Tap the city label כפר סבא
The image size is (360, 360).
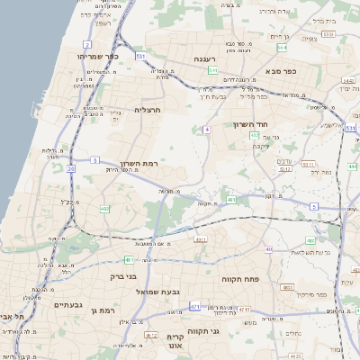pos(306,69)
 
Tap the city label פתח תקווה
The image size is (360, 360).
pos(241,280)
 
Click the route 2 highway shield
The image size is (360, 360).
pos(87,43)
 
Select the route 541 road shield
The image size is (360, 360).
pos(212,69)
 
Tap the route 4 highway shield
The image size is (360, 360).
pos(207,130)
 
